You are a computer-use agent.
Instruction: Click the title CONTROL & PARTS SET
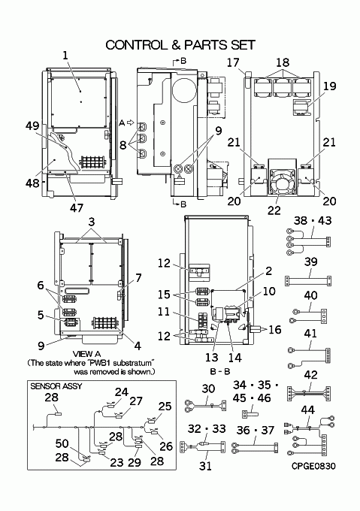[x=180, y=45]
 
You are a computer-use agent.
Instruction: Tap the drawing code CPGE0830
[x=313, y=466]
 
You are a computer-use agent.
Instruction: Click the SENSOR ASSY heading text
[x=56, y=386]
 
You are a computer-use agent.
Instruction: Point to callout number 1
[x=65, y=55]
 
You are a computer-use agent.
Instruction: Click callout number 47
[x=77, y=207]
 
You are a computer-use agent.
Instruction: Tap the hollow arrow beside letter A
[x=130, y=122]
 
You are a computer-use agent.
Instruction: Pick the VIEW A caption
[x=86, y=354]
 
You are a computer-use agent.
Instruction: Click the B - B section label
[x=220, y=371]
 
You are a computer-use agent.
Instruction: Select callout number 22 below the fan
[x=274, y=210]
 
